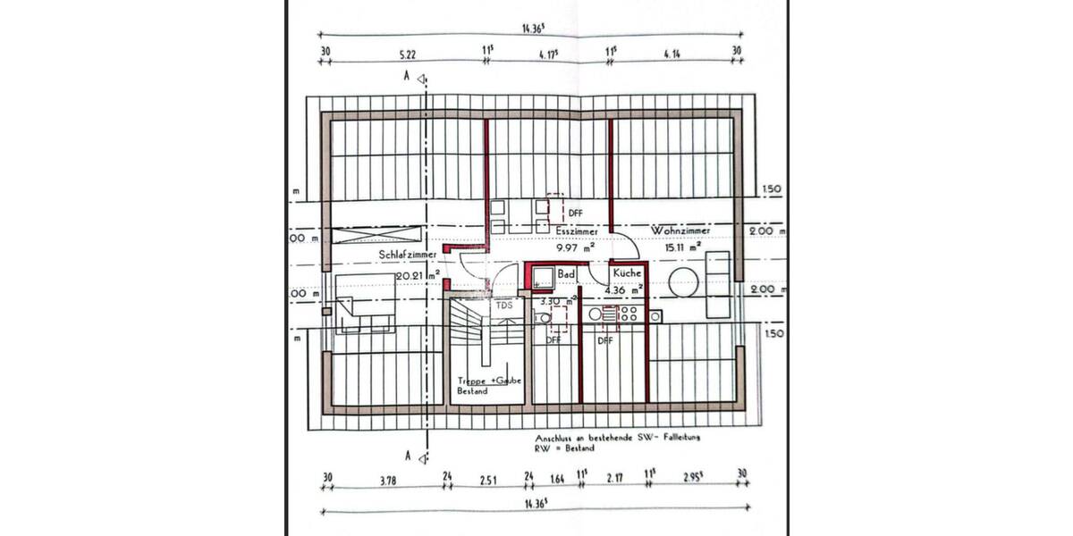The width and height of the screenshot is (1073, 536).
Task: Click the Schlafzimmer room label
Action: coord(408,255)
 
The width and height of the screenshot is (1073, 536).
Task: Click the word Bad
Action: coord(566,274)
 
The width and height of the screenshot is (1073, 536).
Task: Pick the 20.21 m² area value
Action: coord(418,276)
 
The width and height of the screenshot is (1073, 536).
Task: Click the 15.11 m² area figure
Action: coord(683,247)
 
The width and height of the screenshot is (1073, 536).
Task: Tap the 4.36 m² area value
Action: coord(624,290)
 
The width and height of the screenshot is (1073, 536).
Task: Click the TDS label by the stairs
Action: coord(504,306)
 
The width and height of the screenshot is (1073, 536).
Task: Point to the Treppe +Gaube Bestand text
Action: coord(483,386)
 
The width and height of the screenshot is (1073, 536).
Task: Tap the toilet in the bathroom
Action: coord(541,316)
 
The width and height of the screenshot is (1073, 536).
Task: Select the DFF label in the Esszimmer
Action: coord(575,214)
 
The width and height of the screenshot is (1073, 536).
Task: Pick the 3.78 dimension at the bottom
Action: coord(387,481)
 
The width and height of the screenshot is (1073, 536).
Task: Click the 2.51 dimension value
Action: coord(487,481)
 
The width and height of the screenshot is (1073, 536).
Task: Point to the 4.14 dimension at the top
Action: coord(672,53)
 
